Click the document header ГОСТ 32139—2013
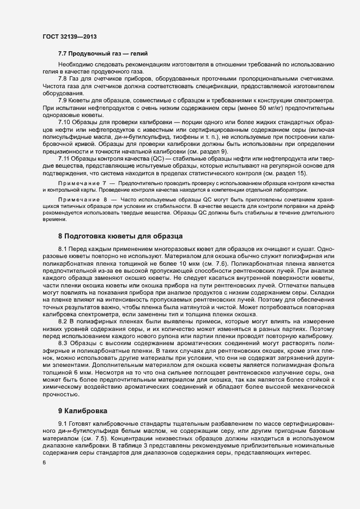coord(70,36)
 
